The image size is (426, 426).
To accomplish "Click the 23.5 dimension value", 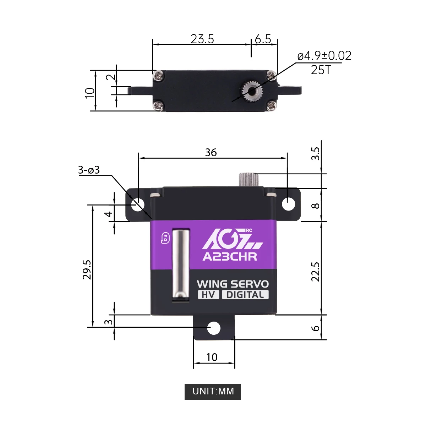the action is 202,39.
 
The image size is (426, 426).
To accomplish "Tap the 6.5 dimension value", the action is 263,39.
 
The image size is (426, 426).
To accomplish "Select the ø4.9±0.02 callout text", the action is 324,56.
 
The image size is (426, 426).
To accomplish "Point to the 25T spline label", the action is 321,70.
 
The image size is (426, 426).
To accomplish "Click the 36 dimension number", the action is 211,152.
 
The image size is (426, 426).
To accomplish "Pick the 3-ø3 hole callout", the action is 89,170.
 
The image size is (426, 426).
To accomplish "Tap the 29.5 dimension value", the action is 87,269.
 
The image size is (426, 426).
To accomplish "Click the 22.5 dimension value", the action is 316,272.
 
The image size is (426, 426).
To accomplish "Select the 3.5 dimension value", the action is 316,153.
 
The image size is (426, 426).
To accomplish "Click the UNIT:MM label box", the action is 213,392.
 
